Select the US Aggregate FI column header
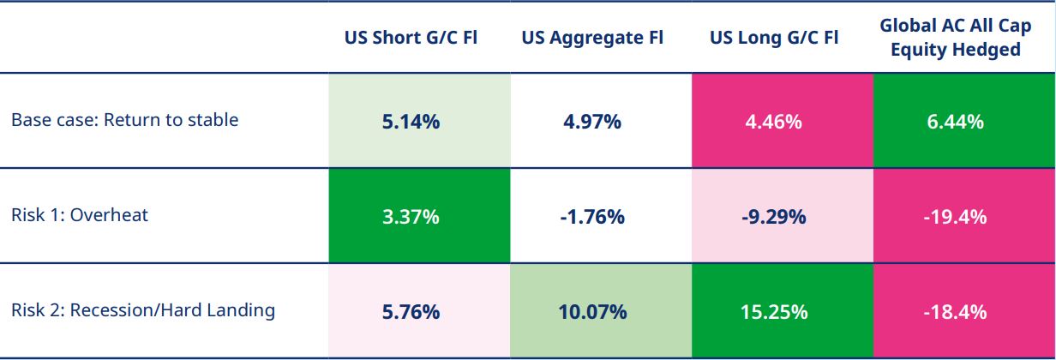coord(592,38)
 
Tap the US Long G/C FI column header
coord(774,38)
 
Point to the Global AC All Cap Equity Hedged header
coord(955,38)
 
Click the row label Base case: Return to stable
coord(124,120)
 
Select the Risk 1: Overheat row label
coord(80,215)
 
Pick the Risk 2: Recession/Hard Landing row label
coord(143,310)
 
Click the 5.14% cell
coord(411,122)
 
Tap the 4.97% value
coord(592,122)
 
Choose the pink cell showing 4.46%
coord(774,122)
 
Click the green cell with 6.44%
coord(955,122)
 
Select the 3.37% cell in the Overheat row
coord(411,217)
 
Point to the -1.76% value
coord(592,217)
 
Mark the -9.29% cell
coord(774,217)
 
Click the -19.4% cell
coord(955,217)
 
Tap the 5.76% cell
coord(411,311)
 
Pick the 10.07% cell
coord(592,311)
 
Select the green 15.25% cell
coord(774,311)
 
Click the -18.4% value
coord(955,311)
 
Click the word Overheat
coord(109,215)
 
